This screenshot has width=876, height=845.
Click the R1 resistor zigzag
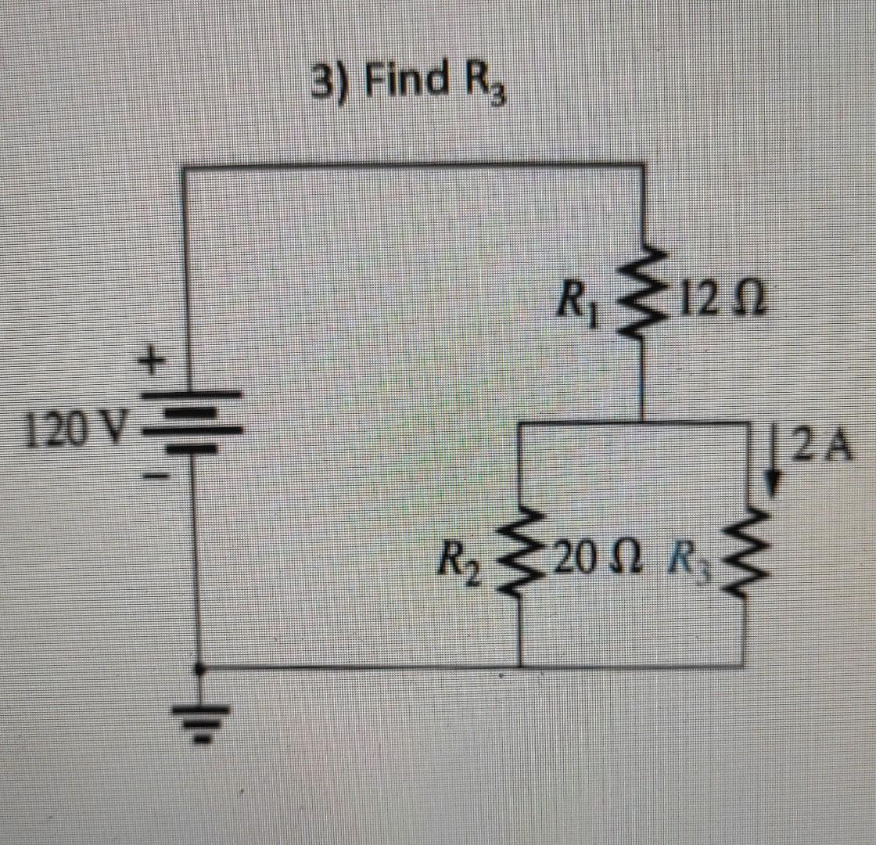[643, 298]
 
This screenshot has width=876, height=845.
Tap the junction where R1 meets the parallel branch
[643, 423]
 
